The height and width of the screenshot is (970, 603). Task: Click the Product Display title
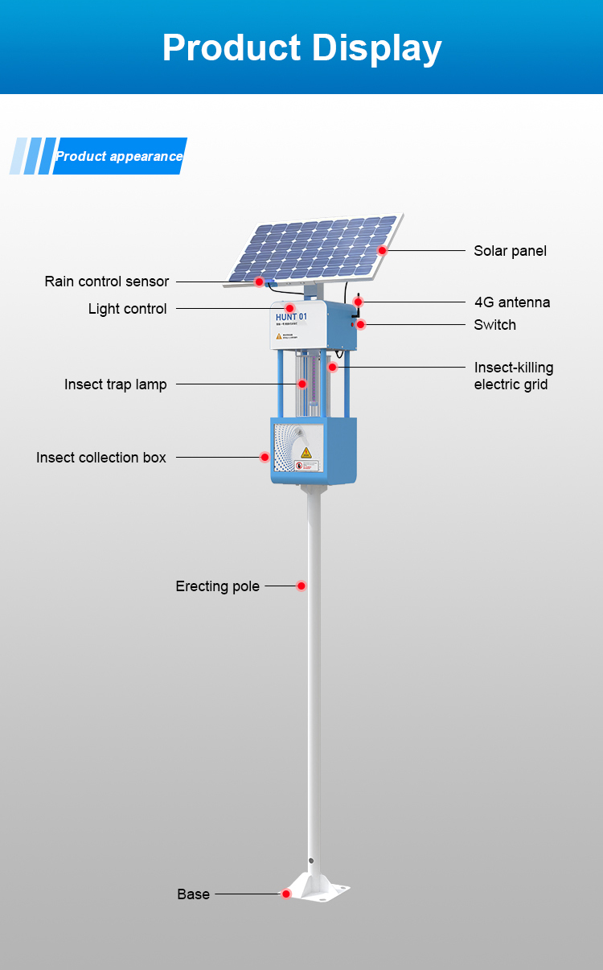click(x=301, y=48)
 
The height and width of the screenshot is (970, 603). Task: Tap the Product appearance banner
click(x=119, y=156)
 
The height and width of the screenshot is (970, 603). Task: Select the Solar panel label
click(x=510, y=251)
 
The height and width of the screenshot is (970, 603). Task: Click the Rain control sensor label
click(x=107, y=282)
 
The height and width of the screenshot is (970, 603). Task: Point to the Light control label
click(x=128, y=309)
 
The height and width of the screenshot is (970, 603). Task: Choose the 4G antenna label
click(x=512, y=302)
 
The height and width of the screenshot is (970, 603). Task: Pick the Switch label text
click(x=494, y=325)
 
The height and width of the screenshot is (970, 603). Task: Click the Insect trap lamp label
click(x=116, y=384)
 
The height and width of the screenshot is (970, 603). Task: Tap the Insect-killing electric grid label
click(x=514, y=376)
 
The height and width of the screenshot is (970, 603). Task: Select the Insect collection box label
click(x=101, y=458)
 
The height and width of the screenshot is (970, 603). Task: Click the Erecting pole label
click(x=218, y=586)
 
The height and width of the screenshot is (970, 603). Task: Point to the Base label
click(x=194, y=894)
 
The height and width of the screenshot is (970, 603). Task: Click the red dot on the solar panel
click(x=383, y=250)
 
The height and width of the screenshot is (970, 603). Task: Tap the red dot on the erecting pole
click(x=301, y=586)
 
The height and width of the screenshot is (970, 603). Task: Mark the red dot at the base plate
click(x=285, y=894)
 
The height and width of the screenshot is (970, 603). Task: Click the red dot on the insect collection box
click(x=265, y=457)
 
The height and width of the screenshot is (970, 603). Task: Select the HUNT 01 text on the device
click(x=291, y=317)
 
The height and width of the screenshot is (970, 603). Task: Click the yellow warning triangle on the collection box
click(x=306, y=453)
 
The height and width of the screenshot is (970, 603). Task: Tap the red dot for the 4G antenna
click(x=359, y=302)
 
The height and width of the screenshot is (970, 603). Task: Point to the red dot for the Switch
click(x=361, y=324)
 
